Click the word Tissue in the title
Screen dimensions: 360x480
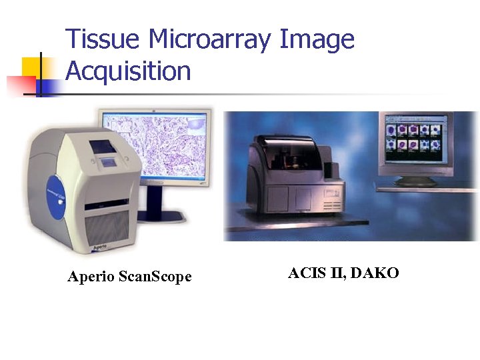click(x=101, y=40)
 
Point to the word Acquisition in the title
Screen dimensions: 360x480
click(x=128, y=71)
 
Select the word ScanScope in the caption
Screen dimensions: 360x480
click(x=155, y=277)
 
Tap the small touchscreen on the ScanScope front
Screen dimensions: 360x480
click(x=101, y=145)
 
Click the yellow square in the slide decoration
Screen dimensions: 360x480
click(x=32, y=66)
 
